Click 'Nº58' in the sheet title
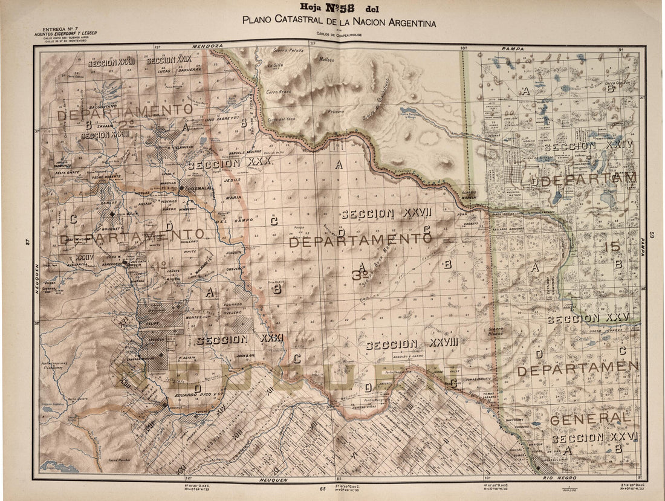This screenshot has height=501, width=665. point(340,8)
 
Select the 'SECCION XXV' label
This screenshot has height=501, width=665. point(588,318)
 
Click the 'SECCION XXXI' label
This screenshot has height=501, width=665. point(239,340)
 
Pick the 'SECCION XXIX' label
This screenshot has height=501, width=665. point(169,60)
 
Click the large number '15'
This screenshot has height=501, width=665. point(611,246)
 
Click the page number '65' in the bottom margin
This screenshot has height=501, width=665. point(323,488)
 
